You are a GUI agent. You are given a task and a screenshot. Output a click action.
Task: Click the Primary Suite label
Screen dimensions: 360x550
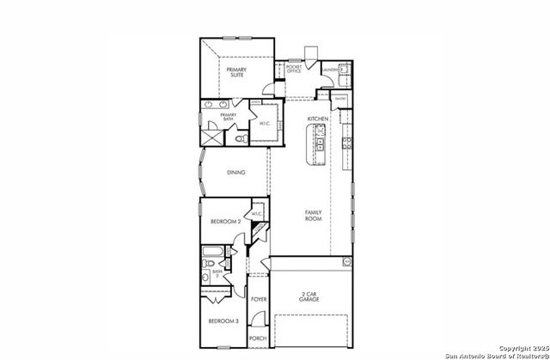tap(236, 71)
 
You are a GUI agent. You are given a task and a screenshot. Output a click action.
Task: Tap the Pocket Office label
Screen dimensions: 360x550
tap(294, 70)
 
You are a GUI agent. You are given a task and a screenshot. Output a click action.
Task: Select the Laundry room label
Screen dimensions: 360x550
tap(332, 69)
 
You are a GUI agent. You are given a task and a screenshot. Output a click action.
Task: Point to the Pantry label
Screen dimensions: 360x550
tap(340, 99)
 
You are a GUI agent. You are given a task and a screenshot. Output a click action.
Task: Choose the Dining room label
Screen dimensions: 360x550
tap(236, 172)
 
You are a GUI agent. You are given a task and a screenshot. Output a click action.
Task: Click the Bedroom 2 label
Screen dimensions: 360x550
tap(224, 222)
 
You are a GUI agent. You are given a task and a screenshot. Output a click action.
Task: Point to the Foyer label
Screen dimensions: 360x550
tap(259, 299)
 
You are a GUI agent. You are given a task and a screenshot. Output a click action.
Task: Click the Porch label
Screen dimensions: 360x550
tap(258, 339)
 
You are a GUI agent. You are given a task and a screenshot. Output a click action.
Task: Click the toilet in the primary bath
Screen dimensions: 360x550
tap(241, 137)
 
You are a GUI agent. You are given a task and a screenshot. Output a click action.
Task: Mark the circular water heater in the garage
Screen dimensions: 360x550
tap(347, 260)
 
